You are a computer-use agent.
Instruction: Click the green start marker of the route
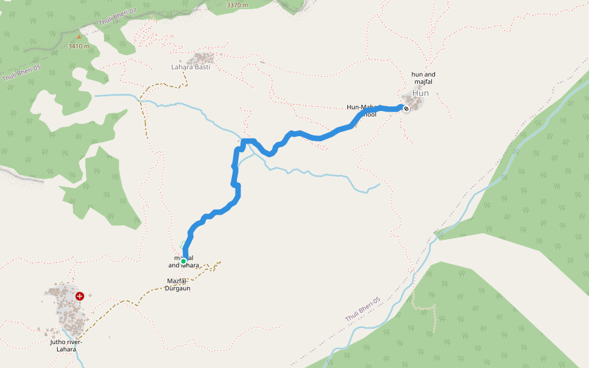coord(183,261)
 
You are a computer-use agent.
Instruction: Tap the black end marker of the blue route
coord(406,108)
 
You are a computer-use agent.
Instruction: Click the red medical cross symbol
coord(80,296)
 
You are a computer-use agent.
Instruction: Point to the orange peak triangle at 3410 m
coord(79,37)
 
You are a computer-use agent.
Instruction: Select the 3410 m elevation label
coord(79,46)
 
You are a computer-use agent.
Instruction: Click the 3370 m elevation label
coord(237,5)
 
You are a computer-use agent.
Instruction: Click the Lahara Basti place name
coord(191,67)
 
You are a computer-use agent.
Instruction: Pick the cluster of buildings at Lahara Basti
coord(202,58)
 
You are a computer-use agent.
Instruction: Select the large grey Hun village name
coord(421,93)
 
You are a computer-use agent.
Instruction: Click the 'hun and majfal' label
coord(423,78)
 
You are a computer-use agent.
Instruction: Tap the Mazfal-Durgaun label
coord(178,285)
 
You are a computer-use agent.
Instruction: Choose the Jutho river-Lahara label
coord(66,345)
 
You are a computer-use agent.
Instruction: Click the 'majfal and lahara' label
coord(183,262)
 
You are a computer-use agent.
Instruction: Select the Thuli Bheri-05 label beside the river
coord(363,309)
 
